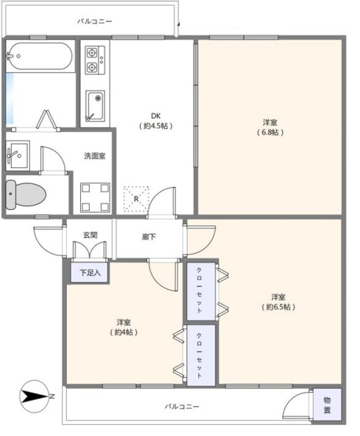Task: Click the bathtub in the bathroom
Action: (39, 57)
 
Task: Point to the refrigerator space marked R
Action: (136, 197)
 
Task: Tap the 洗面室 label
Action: (95, 156)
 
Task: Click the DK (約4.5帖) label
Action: (156, 119)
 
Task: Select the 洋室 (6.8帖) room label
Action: (270, 127)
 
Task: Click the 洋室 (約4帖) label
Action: (123, 327)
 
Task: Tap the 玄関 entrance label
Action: (90, 235)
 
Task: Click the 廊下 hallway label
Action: (149, 236)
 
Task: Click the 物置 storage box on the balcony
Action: (327, 405)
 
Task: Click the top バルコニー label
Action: (93, 21)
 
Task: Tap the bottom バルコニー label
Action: (182, 407)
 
